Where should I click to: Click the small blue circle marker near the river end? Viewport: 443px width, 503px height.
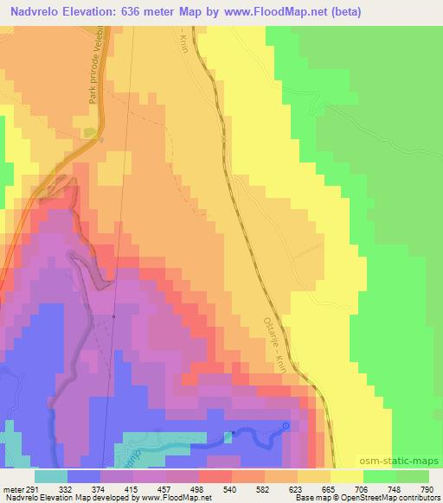(x=287, y=424)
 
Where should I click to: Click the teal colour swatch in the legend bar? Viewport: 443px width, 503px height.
(x=51, y=477)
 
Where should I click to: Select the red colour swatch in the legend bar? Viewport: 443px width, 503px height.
(x=215, y=477)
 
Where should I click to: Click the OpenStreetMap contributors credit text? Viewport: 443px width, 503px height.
(x=397, y=498)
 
